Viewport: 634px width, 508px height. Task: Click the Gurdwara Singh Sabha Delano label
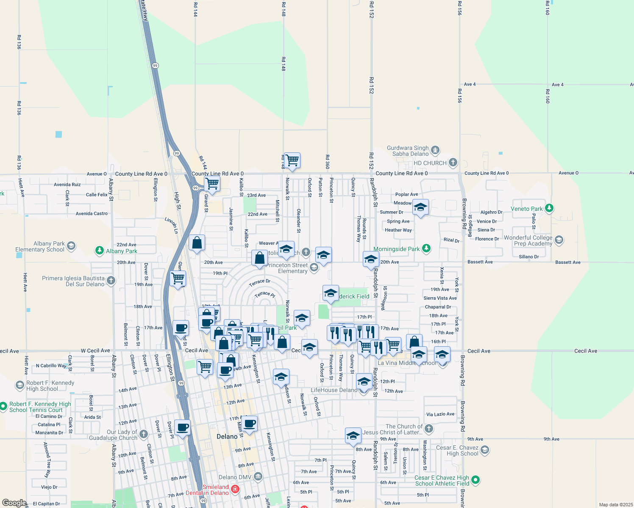(408, 151)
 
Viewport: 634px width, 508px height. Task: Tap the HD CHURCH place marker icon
(453, 163)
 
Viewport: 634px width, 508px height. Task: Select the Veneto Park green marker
(549, 208)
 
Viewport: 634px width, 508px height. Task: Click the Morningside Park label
(396, 249)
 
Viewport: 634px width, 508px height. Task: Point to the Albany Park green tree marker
(100, 251)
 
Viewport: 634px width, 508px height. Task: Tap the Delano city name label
(227, 436)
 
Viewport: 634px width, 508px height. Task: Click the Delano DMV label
(235, 477)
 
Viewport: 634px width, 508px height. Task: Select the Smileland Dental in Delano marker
(235, 490)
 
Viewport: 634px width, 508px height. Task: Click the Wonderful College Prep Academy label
(528, 240)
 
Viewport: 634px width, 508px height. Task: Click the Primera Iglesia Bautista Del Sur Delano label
(73, 281)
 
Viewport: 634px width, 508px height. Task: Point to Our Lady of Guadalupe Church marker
(144, 434)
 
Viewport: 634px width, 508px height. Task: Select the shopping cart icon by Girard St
(212, 184)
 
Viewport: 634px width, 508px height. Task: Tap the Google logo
(14, 503)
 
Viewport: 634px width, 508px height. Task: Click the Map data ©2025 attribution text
(616, 505)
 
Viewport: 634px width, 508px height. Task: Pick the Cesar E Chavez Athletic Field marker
(475, 480)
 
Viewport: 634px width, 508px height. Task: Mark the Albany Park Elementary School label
(40, 246)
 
